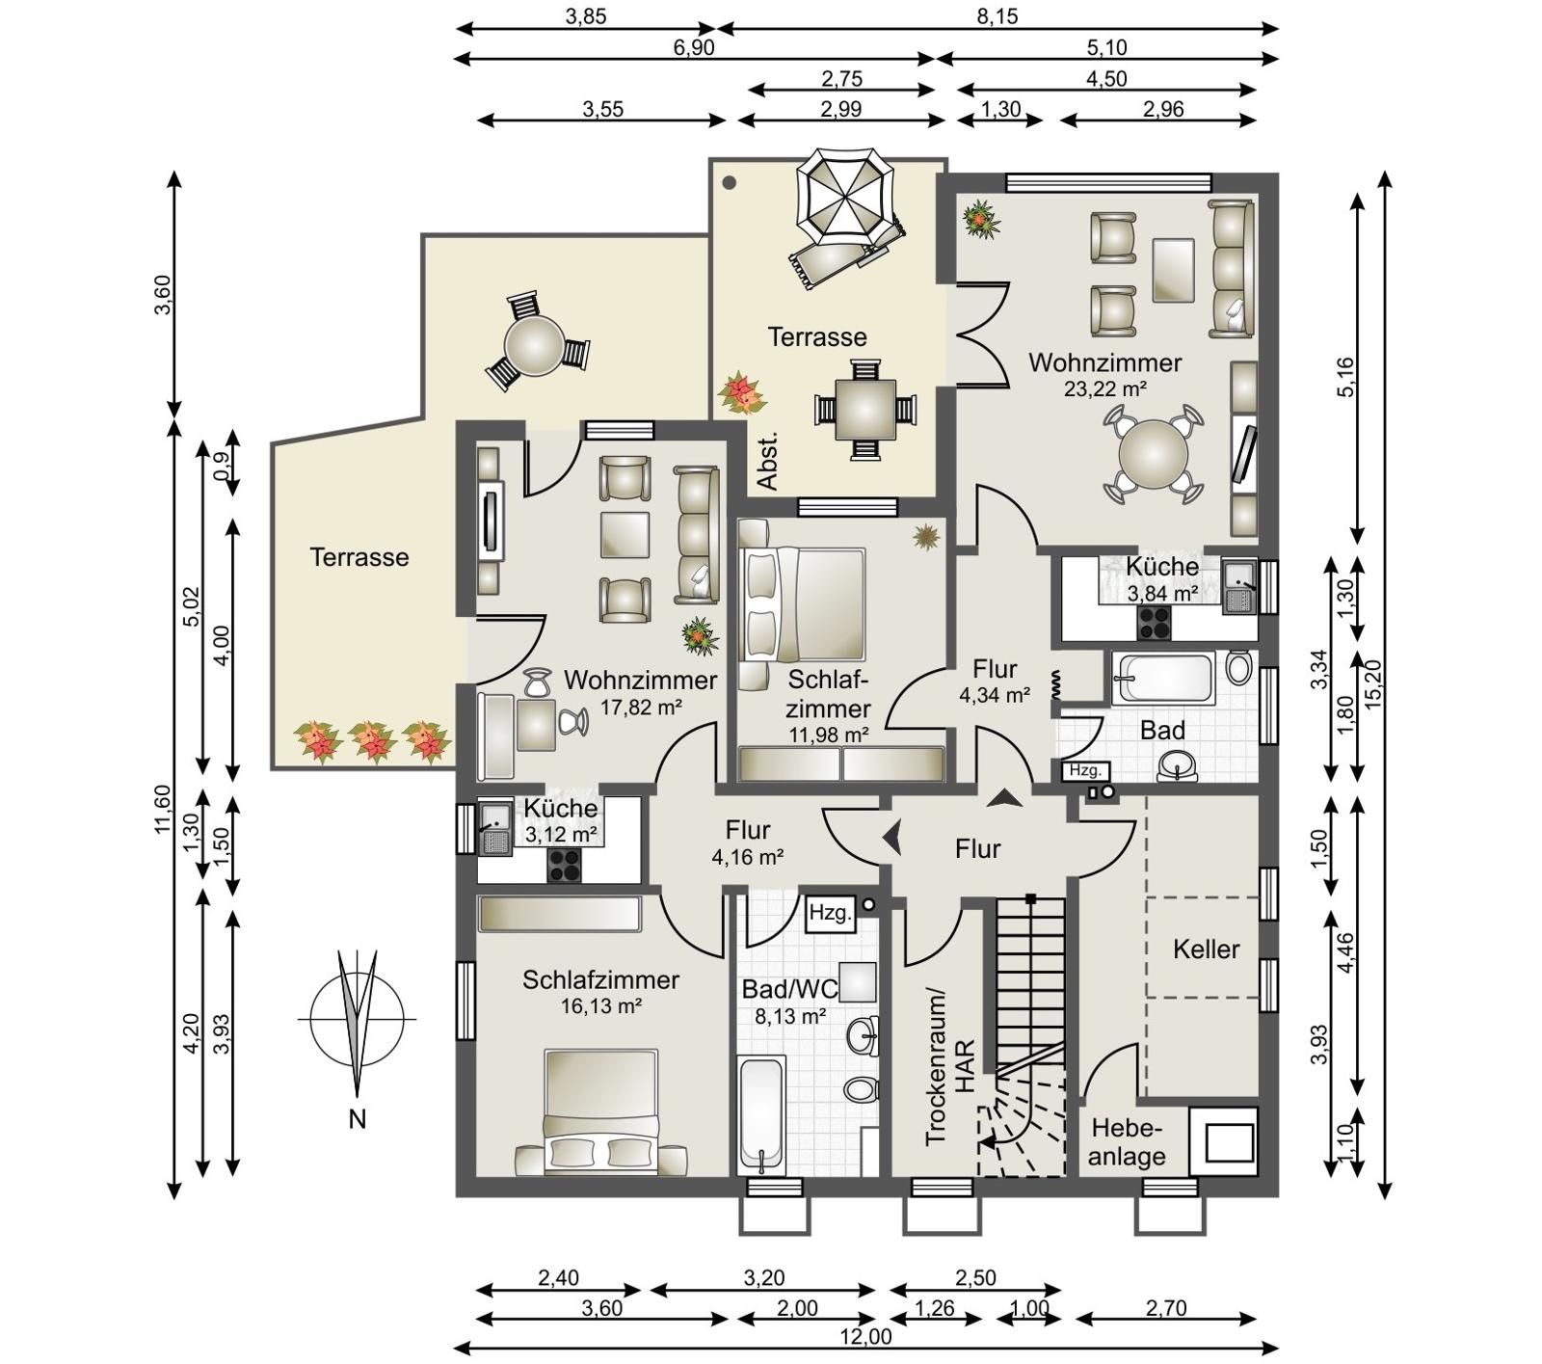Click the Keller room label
pyautogui.click(x=1206, y=949)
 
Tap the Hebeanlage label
pyautogui.click(x=1128, y=1142)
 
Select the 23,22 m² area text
pyautogui.click(x=1104, y=389)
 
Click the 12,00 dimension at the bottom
pyautogui.click(x=865, y=1336)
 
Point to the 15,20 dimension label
pyautogui.click(x=1373, y=683)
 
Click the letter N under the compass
pyautogui.click(x=358, y=1119)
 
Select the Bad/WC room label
pyautogui.click(x=790, y=990)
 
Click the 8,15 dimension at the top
pyautogui.click(x=997, y=16)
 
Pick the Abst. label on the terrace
pyautogui.click(x=768, y=462)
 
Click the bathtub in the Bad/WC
pyautogui.click(x=761, y=1116)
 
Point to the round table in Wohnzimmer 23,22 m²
pyautogui.click(x=1153, y=454)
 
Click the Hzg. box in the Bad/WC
pyautogui.click(x=831, y=913)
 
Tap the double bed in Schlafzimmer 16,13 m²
pyautogui.click(x=601, y=1112)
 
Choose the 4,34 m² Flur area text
pyautogui.click(x=995, y=694)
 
